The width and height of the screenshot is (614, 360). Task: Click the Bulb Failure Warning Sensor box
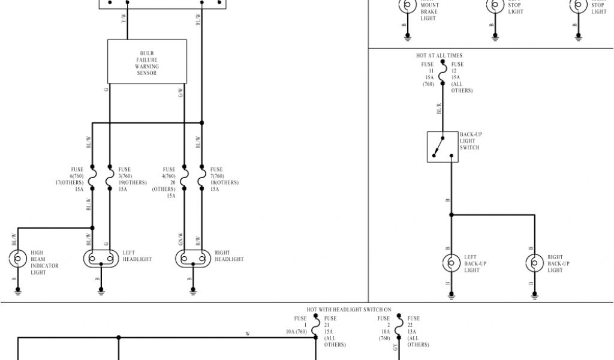click(x=147, y=61)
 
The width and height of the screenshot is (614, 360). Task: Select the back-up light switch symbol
click(x=443, y=146)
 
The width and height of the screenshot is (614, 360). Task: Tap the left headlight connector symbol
click(x=101, y=259)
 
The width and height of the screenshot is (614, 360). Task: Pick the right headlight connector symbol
click(x=193, y=259)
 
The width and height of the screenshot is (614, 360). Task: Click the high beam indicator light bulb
click(x=18, y=259)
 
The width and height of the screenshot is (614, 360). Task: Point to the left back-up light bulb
click(x=451, y=263)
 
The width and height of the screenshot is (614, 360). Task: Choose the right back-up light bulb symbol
click(x=534, y=263)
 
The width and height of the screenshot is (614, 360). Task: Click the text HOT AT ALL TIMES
click(x=440, y=56)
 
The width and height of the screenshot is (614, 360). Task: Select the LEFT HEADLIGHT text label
click(x=137, y=256)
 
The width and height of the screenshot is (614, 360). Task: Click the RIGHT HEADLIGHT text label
click(x=229, y=256)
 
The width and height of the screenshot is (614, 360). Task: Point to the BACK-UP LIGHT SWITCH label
click(x=471, y=141)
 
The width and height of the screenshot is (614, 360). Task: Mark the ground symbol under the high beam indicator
click(x=18, y=292)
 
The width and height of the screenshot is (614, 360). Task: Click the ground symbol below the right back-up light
click(x=534, y=295)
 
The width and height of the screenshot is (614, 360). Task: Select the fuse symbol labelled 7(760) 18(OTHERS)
click(x=202, y=178)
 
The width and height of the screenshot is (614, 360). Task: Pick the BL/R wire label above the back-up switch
click(x=440, y=109)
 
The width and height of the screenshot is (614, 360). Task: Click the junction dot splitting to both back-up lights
click(x=451, y=215)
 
